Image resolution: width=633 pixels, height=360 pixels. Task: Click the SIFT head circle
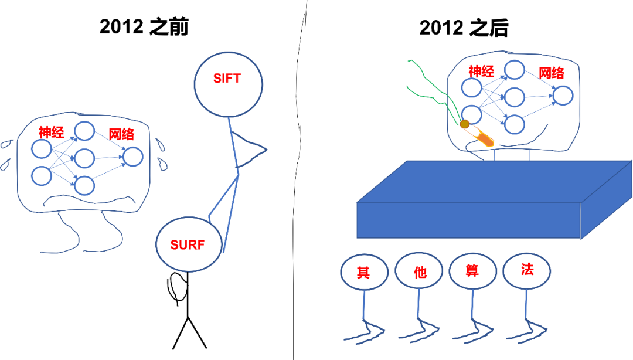(228, 84)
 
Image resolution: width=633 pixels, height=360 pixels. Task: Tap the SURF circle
(189, 244)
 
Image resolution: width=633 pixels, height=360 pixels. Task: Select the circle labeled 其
(364, 272)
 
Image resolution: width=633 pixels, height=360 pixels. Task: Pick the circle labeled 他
(418, 271)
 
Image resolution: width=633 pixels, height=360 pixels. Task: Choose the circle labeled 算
(472, 271)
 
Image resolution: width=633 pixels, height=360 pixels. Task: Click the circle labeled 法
(526, 270)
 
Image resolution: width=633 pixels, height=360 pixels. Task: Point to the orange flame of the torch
(484, 139)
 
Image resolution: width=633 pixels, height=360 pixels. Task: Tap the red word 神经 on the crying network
(51, 131)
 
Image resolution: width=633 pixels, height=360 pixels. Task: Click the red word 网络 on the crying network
(121, 134)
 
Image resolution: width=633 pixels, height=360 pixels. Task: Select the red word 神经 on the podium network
(481, 72)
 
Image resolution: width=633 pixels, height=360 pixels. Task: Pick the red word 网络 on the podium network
(551, 73)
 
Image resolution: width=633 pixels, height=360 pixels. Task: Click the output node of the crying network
(133, 157)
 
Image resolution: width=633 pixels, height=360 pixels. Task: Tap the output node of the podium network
(563, 95)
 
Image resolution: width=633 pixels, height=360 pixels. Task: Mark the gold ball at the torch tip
(464, 124)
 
